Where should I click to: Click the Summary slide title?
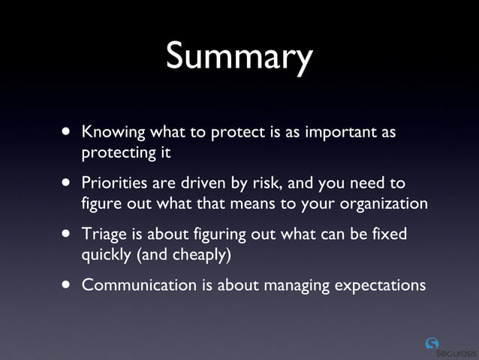[239, 58]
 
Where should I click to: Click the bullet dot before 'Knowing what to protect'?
[68, 133]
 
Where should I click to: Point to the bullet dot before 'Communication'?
[68, 285]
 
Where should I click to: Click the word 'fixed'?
[389, 234]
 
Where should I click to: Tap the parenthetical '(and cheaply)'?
[183, 254]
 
